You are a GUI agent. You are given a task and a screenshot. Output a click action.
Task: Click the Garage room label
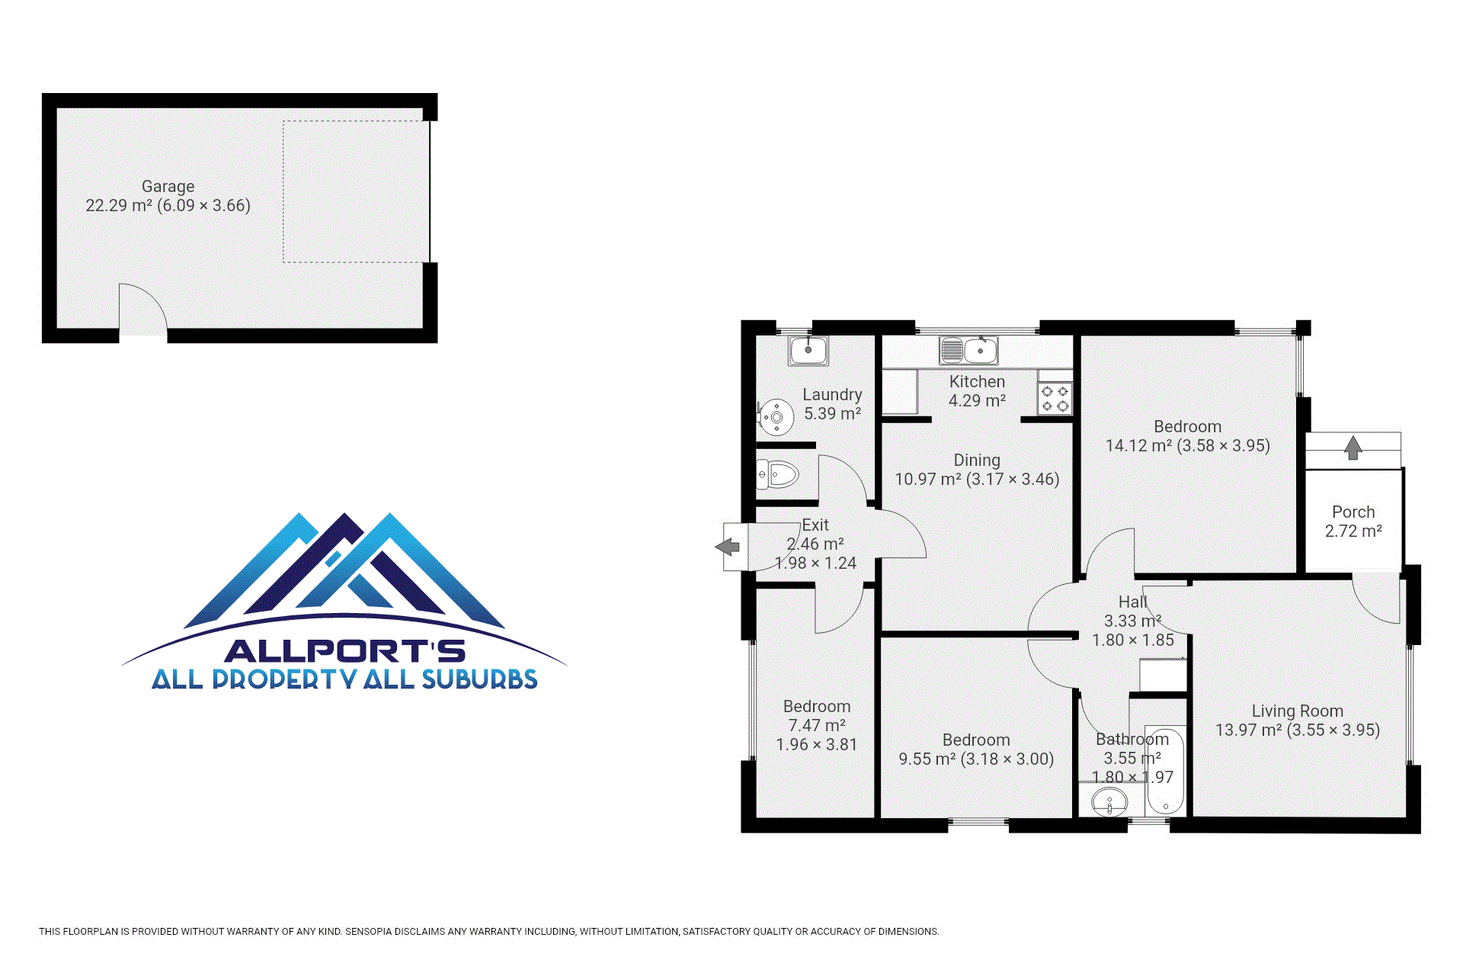[168, 186]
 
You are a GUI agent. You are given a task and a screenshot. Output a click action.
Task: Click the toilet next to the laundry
[776, 474]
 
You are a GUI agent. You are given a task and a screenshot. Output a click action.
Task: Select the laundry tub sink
[808, 351]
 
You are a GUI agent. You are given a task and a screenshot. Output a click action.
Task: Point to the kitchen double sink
[968, 351]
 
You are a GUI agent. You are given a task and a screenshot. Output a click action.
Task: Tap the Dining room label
[977, 460]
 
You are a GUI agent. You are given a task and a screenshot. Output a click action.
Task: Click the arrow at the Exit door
[728, 547]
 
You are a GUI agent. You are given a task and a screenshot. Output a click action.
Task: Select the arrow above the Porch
[1353, 448]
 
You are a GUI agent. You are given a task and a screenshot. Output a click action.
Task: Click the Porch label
[1353, 512]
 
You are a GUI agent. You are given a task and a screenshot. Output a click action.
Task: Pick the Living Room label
[1298, 711]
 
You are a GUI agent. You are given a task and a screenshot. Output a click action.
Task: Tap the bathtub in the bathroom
[1165, 770]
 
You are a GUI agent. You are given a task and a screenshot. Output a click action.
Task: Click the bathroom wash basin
[1109, 802]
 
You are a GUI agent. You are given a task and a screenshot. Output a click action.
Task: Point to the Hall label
[1133, 602]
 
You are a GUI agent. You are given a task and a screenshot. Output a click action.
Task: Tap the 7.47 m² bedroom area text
[817, 725]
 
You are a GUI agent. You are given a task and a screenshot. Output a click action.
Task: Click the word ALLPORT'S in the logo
[344, 651]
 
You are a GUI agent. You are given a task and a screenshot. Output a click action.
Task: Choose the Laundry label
[832, 394]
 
